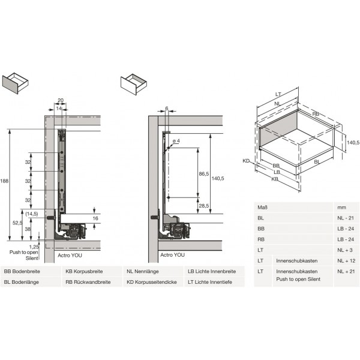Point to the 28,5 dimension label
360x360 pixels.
coord(203,206)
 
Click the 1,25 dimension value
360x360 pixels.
coord(33,246)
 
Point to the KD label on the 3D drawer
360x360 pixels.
coord(246,161)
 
